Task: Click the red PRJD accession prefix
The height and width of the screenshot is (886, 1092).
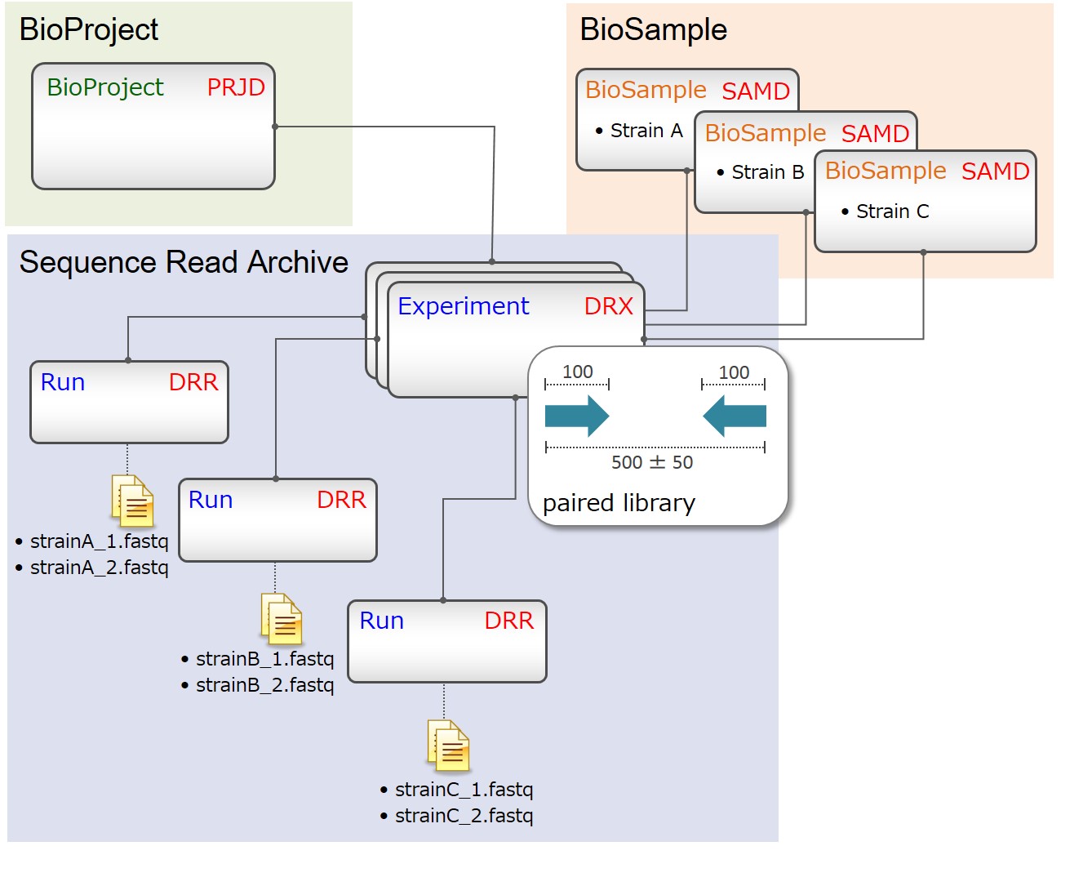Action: pyautogui.click(x=236, y=87)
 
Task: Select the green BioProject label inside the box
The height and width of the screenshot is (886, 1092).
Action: pyautogui.click(x=105, y=87)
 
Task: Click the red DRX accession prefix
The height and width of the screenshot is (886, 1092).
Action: pyautogui.click(x=609, y=306)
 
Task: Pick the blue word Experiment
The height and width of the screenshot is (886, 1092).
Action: pyautogui.click(x=464, y=306)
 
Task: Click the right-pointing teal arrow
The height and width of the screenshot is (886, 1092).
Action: pyautogui.click(x=577, y=416)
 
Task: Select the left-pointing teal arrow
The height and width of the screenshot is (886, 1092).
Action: pyautogui.click(x=735, y=416)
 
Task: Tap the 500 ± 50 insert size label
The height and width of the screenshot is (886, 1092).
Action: pyautogui.click(x=652, y=462)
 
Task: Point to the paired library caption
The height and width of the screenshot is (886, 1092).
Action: pyautogui.click(x=619, y=503)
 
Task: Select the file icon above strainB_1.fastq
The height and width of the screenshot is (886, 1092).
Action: pyautogui.click(x=282, y=618)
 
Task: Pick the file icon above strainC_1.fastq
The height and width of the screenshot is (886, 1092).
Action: pyautogui.click(x=449, y=746)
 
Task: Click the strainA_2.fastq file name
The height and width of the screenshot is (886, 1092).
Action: pyautogui.click(x=99, y=568)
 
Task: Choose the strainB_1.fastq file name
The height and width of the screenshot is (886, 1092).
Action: pyautogui.click(x=264, y=659)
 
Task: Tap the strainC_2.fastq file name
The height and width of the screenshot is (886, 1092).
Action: pyautogui.click(x=464, y=816)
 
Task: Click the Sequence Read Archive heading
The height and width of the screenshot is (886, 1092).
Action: pyautogui.click(x=184, y=262)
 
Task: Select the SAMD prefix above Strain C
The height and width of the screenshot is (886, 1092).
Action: pyautogui.click(x=995, y=171)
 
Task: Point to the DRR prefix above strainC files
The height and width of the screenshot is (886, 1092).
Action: pyautogui.click(x=508, y=621)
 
